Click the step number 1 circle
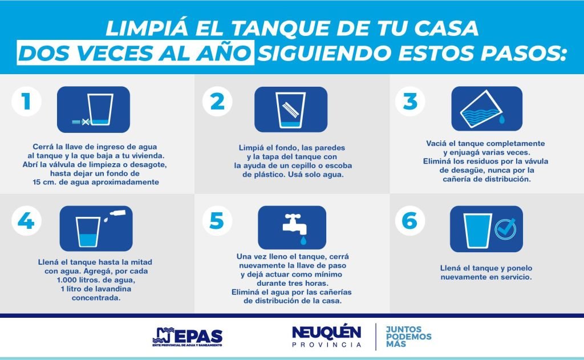(26, 101)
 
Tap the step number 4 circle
(26, 221)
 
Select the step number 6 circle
(409, 221)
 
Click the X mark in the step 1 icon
(86, 122)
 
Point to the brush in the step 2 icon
(290, 110)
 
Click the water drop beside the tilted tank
(502, 119)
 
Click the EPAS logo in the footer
(187, 337)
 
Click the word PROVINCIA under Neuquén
(326, 345)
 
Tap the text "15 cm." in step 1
(44, 182)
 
